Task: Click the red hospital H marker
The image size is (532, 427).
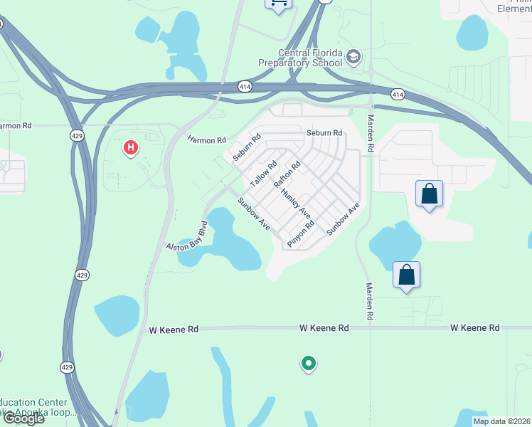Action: (x=131, y=148)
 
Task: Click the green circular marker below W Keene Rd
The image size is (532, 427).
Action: (x=308, y=364)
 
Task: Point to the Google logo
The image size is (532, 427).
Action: (x=23, y=418)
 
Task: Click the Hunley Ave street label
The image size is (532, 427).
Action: (x=296, y=203)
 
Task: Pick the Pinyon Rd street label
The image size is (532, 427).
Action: (x=301, y=233)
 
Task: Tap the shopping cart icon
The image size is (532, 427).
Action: (x=278, y=3)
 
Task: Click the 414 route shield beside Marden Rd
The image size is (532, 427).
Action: (x=398, y=94)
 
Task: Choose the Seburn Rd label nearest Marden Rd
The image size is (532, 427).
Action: (x=324, y=133)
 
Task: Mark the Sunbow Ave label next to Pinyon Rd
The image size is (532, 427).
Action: (x=344, y=219)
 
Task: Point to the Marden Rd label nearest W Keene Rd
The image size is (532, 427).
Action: (x=370, y=299)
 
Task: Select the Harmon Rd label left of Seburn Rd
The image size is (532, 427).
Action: (x=207, y=140)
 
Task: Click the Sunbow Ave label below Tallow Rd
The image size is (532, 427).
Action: (x=254, y=213)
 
